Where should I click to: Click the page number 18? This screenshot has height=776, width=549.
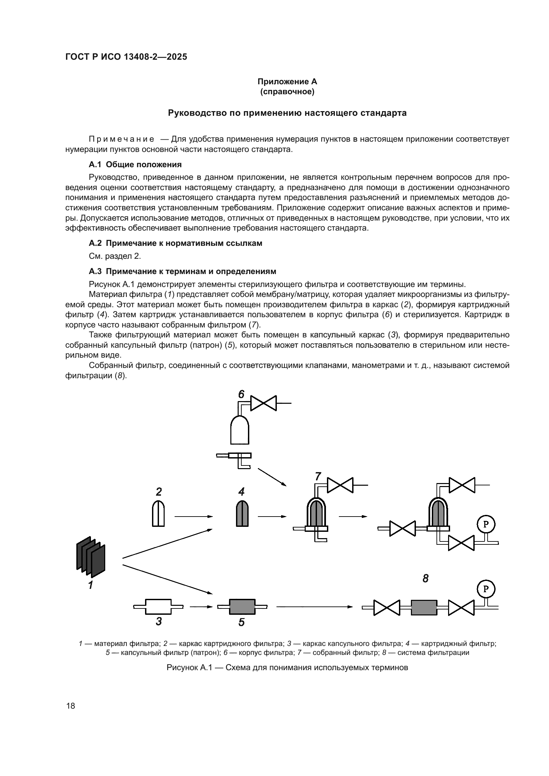click(x=71, y=705)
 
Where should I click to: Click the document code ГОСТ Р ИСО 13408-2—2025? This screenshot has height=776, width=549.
click(x=126, y=57)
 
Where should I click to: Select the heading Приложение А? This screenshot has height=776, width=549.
click(x=287, y=82)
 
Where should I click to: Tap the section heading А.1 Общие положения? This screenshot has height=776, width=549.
click(x=135, y=165)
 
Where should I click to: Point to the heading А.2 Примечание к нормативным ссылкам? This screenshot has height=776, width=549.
click(x=176, y=243)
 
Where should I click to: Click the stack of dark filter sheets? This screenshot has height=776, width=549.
click(x=91, y=556)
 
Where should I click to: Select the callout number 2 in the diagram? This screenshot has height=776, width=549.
click(x=159, y=491)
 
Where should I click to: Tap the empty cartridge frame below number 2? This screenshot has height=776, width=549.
click(x=158, y=513)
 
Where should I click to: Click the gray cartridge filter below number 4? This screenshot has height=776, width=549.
click(x=242, y=513)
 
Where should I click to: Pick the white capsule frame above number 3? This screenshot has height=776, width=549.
click(x=158, y=607)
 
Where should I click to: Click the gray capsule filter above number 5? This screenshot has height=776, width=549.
click(x=242, y=607)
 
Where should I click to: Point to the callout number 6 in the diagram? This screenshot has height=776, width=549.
click(x=241, y=394)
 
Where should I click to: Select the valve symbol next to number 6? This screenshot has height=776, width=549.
click(x=263, y=403)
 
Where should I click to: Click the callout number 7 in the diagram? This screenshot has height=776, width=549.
click(x=318, y=476)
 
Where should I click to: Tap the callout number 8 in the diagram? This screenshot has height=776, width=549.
click(x=425, y=579)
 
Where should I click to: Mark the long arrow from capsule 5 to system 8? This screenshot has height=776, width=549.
click(x=314, y=607)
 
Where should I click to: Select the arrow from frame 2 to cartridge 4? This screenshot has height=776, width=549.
click(x=194, y=517)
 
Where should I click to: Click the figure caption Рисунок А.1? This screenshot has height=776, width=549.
click(x=287, y=668)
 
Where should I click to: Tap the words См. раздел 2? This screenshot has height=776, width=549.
click(x=115, y=256)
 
